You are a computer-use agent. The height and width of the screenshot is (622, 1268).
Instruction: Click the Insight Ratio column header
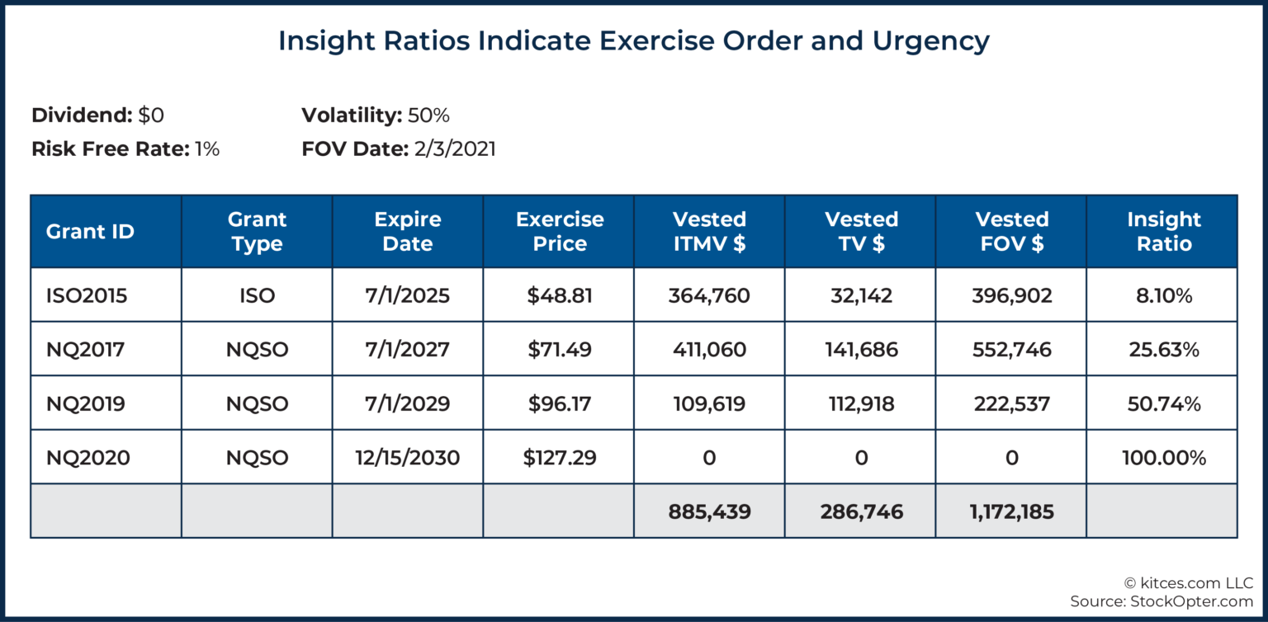[1163, 232]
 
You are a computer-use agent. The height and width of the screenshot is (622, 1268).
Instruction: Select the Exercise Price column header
[559, 232]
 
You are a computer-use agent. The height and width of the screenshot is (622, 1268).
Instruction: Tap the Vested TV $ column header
[860, 232]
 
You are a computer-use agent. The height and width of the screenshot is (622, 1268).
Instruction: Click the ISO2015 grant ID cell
[87, 295]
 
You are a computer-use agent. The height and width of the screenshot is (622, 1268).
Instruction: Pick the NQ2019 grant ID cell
[86, 403]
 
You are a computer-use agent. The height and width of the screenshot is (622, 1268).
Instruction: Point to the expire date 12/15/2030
[408, 457]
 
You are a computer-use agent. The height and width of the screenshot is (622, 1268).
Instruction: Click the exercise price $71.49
[559, 350]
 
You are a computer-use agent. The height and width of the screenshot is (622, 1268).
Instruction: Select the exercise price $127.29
[559, 457]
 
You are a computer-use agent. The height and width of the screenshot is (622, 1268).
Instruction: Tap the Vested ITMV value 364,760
[709, 295]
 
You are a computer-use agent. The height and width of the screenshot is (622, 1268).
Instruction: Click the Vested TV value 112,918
[861, 403]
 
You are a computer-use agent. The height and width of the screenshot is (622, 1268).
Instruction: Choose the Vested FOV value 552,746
[1012, 350]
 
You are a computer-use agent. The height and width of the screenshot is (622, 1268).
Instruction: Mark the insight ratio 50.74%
[1163, 403]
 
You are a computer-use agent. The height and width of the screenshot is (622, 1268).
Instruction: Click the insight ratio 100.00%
[1163, 457]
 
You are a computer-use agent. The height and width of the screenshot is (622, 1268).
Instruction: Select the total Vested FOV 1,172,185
[1012, 511]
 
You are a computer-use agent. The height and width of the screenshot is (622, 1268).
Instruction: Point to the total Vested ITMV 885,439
[709, 511]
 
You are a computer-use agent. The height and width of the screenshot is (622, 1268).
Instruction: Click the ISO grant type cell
[257, 295]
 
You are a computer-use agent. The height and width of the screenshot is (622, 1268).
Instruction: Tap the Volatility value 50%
[428, 115]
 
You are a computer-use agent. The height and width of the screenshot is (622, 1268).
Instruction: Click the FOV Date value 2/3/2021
[454, 149]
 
